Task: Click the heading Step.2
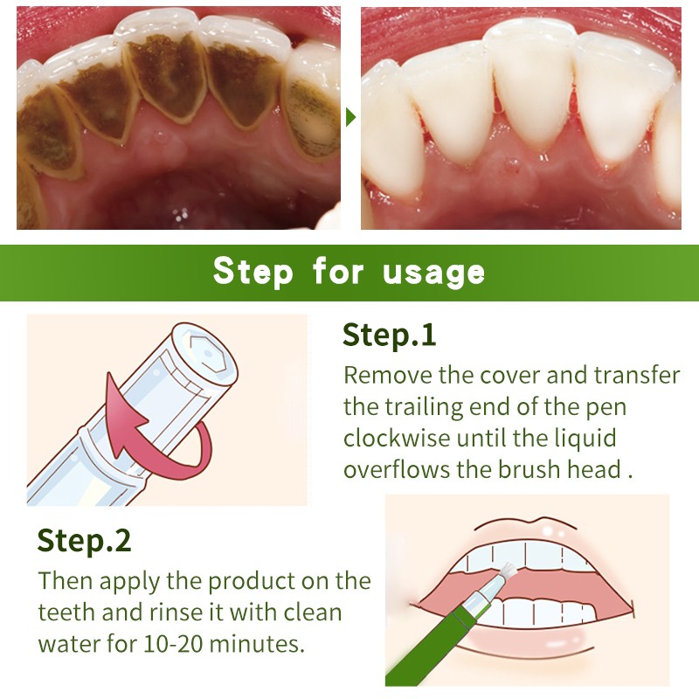coord(84,541)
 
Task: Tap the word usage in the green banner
coord(433,273)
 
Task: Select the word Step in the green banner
coord(253,273)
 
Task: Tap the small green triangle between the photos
coord(350,116)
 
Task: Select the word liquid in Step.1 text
coord(578,438)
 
